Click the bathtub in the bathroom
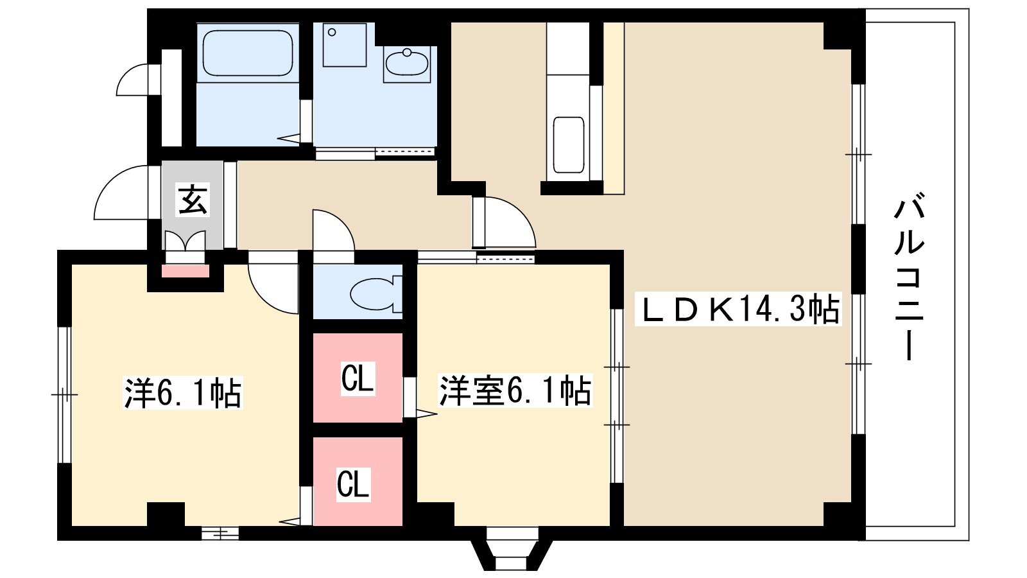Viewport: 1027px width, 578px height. [248, 53]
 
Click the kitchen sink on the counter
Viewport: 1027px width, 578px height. [569, 144]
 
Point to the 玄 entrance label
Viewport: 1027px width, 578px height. [192, 200]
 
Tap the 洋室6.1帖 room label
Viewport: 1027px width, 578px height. [514, 390]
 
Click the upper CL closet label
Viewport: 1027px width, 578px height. [357, 378]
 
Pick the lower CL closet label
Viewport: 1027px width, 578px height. [354, 484]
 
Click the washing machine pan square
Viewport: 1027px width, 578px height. [345, 45]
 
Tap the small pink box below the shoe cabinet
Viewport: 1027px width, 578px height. [185, 270]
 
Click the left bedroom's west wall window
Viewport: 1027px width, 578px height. [64, 394]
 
